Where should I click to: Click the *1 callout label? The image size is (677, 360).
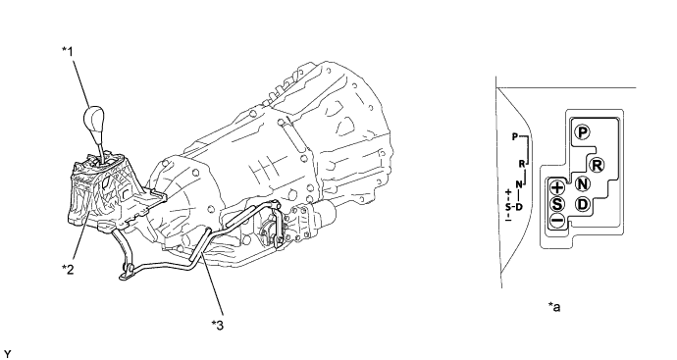(68, 51)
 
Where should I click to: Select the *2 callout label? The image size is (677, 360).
(68, 269)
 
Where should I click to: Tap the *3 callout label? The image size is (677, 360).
(218, 325)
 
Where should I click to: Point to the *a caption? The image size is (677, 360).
(554, 306)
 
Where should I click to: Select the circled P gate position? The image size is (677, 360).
(583, 132)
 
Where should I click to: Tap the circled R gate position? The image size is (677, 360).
(597, 165)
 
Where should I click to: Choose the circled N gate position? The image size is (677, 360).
(583, 183)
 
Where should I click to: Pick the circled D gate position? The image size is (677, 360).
(583, 203)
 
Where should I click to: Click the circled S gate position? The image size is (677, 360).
(557, 204)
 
